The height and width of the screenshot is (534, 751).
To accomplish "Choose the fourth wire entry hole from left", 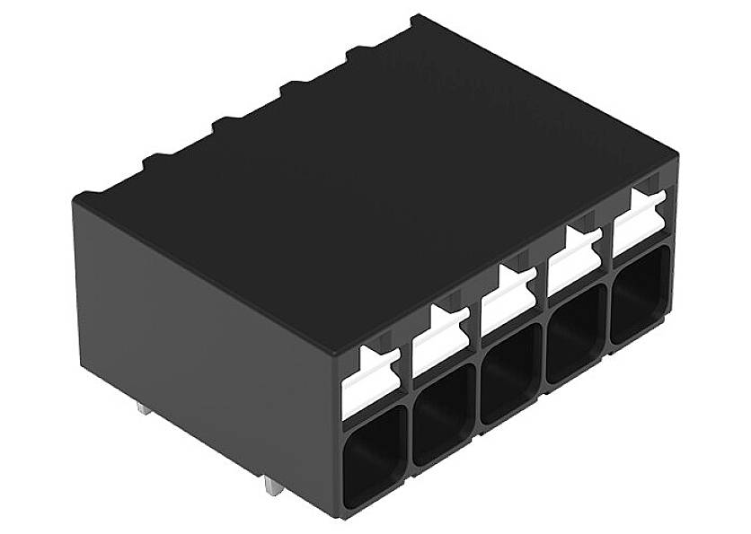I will coord(576,334).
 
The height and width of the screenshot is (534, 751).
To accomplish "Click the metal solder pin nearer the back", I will coord(144,408).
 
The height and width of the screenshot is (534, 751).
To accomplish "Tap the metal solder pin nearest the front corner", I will coord(269,490).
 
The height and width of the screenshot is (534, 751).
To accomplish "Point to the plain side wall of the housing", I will coord(207,341).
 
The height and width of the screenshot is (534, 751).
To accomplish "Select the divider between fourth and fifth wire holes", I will coord(608,319).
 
